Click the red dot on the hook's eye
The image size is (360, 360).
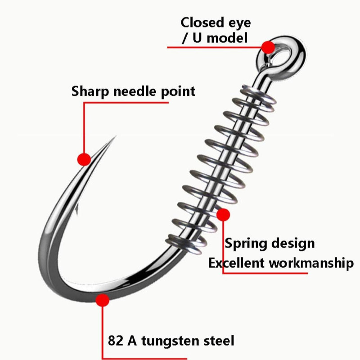[268, 47]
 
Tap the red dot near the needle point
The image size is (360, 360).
[84, 159]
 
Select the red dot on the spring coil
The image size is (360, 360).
[223, 215]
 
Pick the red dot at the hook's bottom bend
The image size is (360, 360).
[103, 300]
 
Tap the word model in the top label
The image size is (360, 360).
[227, 38]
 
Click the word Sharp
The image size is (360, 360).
[90, 92]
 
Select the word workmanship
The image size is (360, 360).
[311, 263]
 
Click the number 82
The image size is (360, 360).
[115, 341]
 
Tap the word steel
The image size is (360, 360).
[219, 341]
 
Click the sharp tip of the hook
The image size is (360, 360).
[115, 137]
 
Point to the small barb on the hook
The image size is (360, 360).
[76, 209]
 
